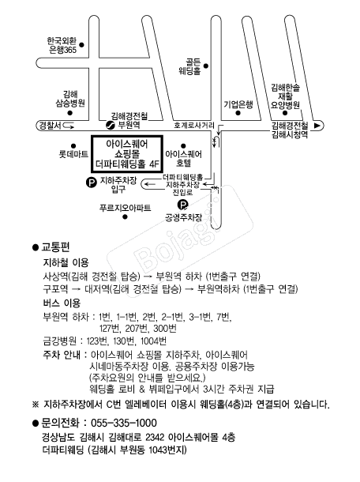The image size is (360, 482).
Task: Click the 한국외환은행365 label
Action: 62,45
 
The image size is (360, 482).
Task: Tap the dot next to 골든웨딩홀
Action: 206,66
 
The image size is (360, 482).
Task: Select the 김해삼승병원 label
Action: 70,99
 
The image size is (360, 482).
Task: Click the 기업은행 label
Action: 238,104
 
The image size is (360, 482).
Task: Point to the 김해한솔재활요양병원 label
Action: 285,96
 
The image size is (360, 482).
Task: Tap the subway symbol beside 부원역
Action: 110,125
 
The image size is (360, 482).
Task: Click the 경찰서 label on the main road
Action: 50,126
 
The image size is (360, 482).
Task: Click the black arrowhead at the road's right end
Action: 317,126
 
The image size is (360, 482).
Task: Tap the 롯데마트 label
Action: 73,154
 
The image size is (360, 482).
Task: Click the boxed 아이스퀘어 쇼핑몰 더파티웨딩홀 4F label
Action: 127,154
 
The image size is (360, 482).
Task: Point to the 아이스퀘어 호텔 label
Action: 184,158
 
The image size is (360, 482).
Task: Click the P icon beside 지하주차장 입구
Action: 92,183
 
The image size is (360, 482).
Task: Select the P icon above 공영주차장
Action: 182,205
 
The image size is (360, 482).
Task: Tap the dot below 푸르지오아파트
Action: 125,217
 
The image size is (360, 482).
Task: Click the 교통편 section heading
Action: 55,247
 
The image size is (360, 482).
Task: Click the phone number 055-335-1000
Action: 124,423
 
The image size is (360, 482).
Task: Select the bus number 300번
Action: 165,329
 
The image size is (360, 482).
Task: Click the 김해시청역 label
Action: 290,134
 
